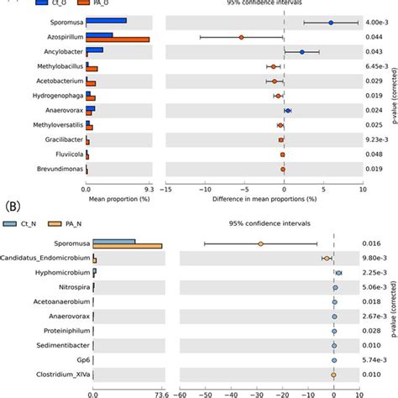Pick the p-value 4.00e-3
tap(375, 23)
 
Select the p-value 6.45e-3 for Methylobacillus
tap(375, 66)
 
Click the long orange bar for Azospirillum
tap(118, 39)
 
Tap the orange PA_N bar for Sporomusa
tap(127, 245)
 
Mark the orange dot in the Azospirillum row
tap(241, 37)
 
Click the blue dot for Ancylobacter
tap(302, 52)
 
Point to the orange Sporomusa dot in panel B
tap(260, 244)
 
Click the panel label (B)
tap(13, 204)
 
